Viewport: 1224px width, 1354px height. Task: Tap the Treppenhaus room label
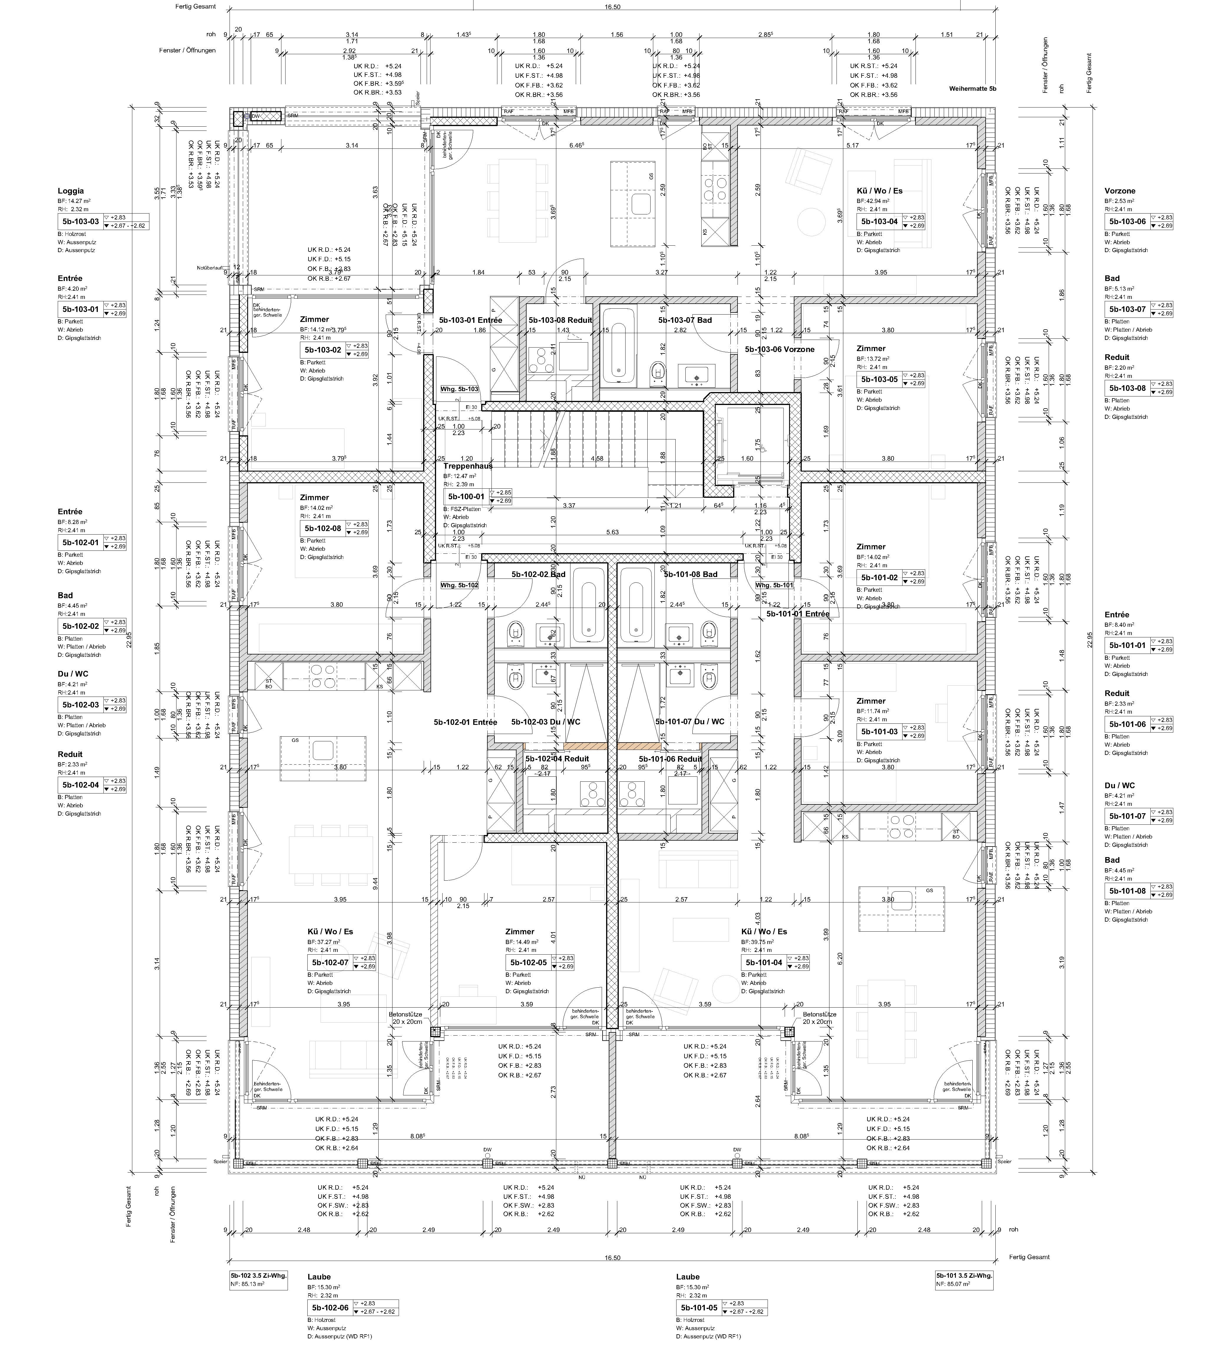[468, 465]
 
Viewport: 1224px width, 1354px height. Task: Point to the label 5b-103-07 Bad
[684, 320]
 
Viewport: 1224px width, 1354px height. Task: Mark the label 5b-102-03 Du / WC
[545, 722]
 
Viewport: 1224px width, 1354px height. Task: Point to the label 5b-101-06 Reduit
[660, 759]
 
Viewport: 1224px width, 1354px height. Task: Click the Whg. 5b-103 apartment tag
[459, 389]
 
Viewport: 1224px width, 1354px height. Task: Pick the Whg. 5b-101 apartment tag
[774, 585]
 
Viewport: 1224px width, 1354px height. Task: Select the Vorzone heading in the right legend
[1120, 191]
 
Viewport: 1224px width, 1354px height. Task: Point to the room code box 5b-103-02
[323, 350]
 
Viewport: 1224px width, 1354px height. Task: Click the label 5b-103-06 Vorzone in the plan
[779, 349]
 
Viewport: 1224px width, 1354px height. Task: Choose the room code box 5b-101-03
[879, 731]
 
